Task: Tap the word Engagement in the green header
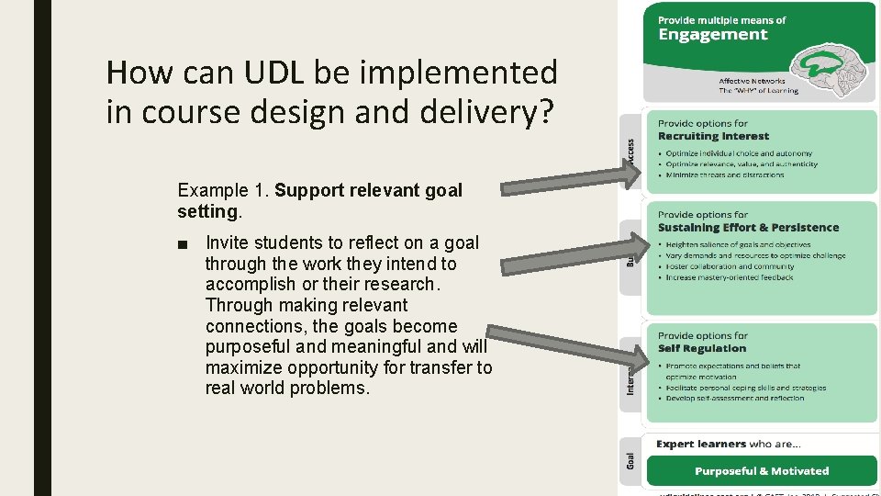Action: click(712, 35)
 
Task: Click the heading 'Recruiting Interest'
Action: click(713, 136)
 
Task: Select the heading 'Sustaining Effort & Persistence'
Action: click(748, 227)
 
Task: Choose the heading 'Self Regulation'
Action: click(702, 348)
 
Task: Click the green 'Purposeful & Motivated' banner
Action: click(761, 471)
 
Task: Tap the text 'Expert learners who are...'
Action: click(729, 444)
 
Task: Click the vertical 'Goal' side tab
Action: click(630, 459)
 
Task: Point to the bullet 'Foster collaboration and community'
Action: click(730, 266)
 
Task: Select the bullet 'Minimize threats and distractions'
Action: click(724, 175)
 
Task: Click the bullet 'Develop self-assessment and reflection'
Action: click(734, 398)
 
